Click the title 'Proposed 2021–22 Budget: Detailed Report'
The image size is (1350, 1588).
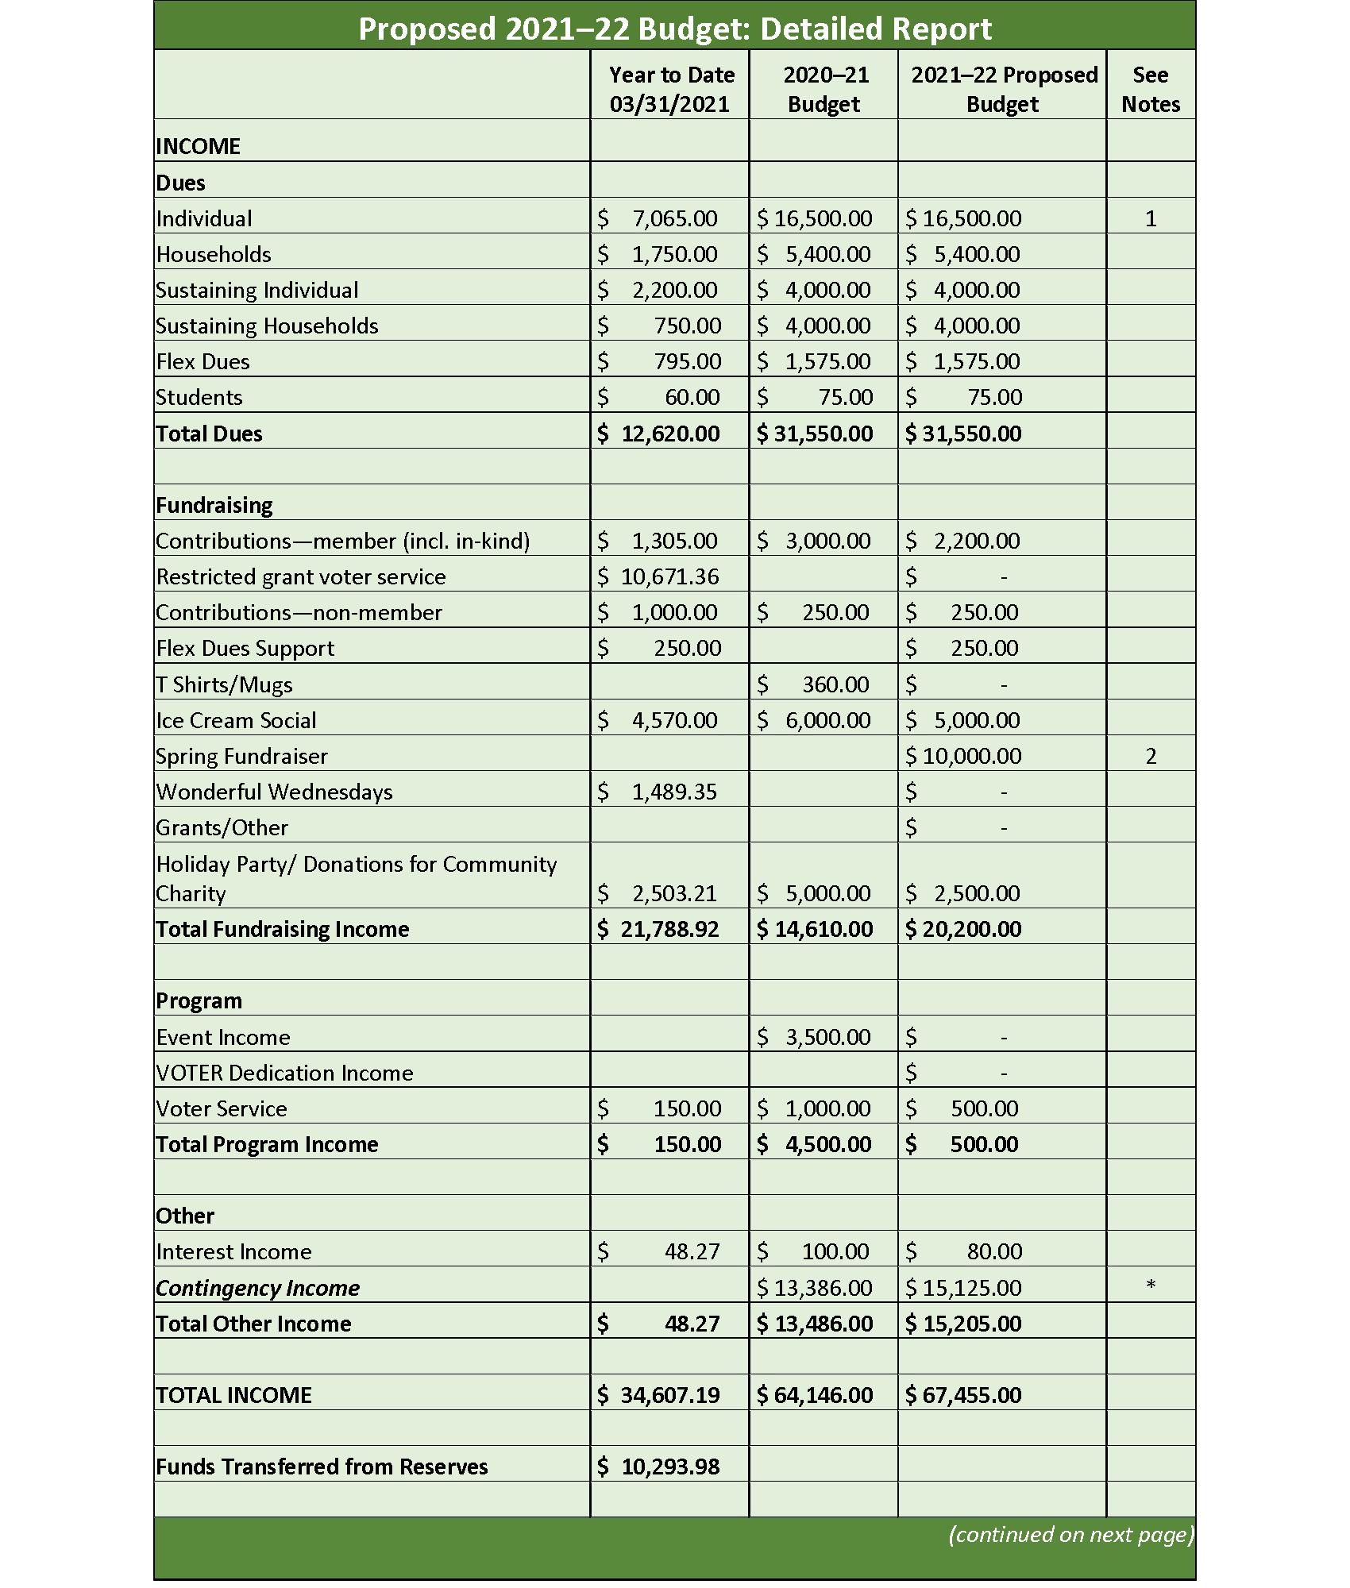pos(674,29)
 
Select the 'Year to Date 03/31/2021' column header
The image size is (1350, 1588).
pos(670,89)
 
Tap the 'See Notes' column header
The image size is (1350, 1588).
pos(1150,89)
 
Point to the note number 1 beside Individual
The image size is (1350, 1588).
pos(1150,218)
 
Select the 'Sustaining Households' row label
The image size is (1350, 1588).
pos(267,326)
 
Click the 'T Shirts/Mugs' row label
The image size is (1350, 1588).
pos(224,684)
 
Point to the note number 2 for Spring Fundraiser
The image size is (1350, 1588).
pos(1150,756)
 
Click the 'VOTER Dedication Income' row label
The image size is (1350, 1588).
pos(284,1073)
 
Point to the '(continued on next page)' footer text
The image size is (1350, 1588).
pos(1070,1534)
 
